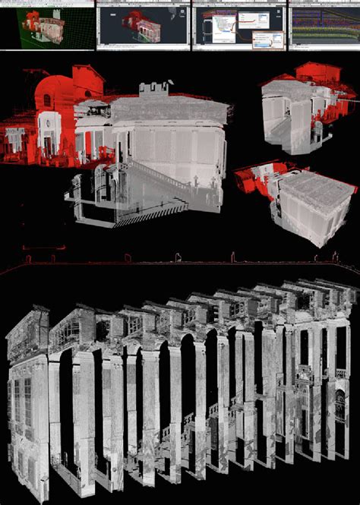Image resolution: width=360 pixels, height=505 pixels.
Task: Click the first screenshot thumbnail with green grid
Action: pos(47,25)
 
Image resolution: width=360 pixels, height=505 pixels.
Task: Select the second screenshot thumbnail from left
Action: pos(143,25)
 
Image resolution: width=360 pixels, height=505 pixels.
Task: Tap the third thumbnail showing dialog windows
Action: pos(238,25)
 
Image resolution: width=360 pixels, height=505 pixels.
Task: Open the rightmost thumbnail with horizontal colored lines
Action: pos(324,25)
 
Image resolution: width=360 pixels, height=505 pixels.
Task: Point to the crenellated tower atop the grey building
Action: pos(153,89)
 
